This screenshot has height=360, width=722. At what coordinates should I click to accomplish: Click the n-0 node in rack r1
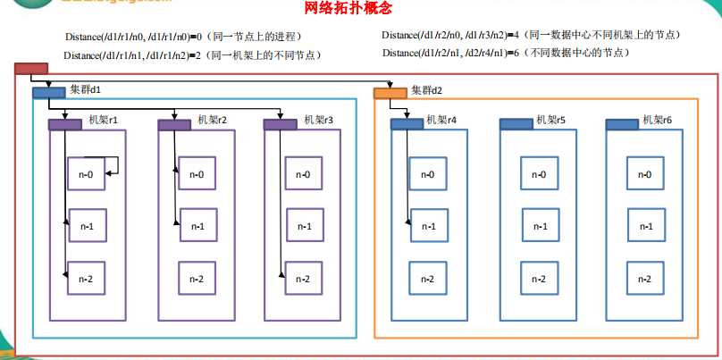[x=87, y=173]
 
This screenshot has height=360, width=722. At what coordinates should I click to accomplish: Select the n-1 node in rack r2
[x=197, y=227]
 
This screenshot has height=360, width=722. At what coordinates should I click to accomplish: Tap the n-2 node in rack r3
[x=303, y=280]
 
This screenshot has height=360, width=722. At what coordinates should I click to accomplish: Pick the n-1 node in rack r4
[x=428, y=227]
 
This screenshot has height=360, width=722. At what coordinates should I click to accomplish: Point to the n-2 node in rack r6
[x=645, y=280]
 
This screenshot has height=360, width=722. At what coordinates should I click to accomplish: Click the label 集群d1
[x=86, y=91]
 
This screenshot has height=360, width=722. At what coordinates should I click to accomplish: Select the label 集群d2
[x=427, y=91]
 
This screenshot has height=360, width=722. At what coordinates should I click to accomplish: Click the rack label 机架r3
[x=319, y=120]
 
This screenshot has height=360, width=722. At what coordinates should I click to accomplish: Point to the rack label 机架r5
[x=550, y=120]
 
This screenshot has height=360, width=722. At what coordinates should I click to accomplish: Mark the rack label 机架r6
[x=657, y=120]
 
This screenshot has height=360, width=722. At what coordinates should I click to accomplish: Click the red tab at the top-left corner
[x=31, y=69]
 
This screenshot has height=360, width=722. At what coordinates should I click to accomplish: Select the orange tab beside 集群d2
[x=390, y=92]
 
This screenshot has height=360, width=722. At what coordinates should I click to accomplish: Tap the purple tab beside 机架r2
[x=173, y=124]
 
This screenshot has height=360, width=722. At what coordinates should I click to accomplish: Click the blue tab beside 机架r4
[x=407, y=123]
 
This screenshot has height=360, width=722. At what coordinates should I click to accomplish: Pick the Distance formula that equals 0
[x=182, y=36]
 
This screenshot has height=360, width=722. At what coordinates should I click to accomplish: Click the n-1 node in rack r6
[x=645, y=227]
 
